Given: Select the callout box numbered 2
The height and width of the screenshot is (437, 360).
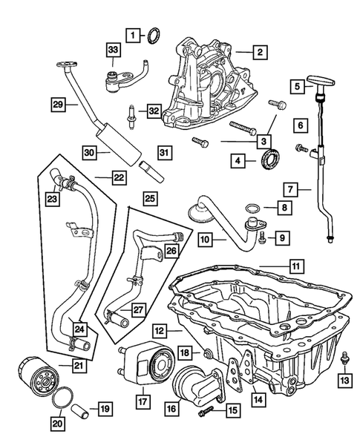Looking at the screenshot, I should pyautogui.click(x=259, y=52).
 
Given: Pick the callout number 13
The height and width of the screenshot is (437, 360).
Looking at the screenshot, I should pyautogui.click(x=343, y=381).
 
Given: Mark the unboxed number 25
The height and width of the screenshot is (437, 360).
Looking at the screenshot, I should pyautogui.click(x=149, y=198).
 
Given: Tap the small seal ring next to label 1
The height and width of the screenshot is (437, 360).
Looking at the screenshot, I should pyautogui.click(x=155, y=34).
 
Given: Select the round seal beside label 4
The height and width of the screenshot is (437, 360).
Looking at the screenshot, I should pyautogui.click(x=272, y=158).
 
